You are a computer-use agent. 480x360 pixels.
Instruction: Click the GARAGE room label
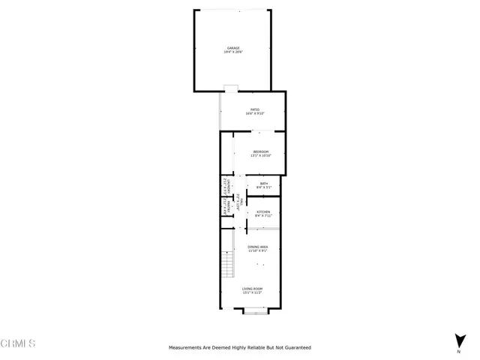click(x=234, y=47)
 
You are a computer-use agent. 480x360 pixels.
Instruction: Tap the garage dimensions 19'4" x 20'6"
click(x=234, y=52)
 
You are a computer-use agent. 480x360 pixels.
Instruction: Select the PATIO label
click(x=255, y=109)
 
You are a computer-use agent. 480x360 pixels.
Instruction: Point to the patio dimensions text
click(x=255, y=114)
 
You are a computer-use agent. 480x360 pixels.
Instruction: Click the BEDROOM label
click(x=260, y=151)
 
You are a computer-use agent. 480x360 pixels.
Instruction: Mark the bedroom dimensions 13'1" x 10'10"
click(x=260, y=156)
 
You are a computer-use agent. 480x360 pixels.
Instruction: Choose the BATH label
click(x=263, y=184)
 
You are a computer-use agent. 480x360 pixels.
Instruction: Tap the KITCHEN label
click(x=263, y=212)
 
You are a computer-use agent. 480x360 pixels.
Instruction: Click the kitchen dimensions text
click(x=263, y=217)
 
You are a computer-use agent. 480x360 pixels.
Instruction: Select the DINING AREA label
click(x=257, y=247)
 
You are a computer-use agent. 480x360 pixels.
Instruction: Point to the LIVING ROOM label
click(x=252, y=289)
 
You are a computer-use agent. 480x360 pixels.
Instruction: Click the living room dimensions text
click(x=252, y=293)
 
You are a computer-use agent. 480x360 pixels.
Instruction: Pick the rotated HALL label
click(x=239, y=202)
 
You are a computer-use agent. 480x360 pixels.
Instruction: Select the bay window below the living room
click(x=256, y=310)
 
